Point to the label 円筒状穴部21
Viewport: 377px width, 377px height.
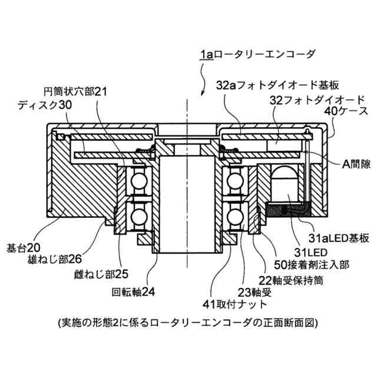click(x=77, y=92)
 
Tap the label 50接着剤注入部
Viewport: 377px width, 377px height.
click(x=312, y=266)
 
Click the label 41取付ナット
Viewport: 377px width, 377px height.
click(x=234, y=305)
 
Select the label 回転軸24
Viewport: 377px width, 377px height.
click(x=134, y=291)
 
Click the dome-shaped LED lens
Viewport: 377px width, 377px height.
click(x=285, y=177)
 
